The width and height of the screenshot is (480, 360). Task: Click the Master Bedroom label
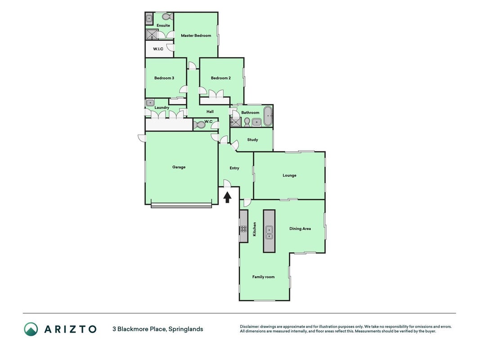point(196,36)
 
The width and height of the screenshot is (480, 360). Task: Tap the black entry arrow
point(227,197)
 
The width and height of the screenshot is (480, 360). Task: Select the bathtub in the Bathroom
point(268,117)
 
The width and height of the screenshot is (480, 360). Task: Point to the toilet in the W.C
point(199,125)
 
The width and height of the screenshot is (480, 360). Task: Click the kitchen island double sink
point(269,232)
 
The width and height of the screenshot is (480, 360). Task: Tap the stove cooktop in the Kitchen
point(244,229)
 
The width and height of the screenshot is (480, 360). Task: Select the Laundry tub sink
point(150,103)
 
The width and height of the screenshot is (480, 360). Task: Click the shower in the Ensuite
point(152,34)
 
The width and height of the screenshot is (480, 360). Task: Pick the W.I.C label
point(158,49)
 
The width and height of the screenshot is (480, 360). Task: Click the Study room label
point(252,139)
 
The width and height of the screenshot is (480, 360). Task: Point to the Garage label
point(179,167)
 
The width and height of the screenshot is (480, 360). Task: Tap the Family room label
point(263,277)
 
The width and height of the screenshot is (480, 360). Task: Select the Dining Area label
point(300,229)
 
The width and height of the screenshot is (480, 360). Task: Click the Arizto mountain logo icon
point(31,329)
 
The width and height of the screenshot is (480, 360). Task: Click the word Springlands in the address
point(186,329)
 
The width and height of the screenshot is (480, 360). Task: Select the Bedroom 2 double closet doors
point(216,94)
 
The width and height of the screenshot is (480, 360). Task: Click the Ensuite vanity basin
point(149,19)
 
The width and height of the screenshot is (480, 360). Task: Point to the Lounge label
point(290,175)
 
